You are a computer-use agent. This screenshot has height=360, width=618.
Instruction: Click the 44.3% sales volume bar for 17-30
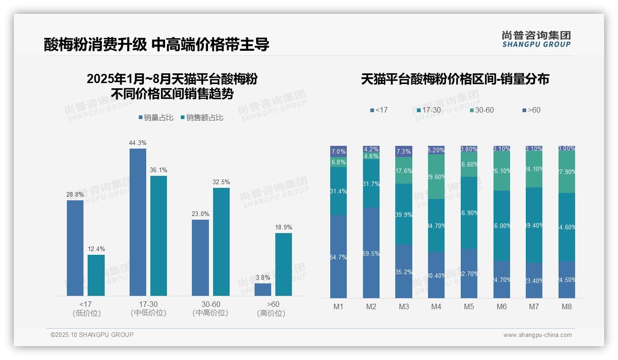pos(137,222)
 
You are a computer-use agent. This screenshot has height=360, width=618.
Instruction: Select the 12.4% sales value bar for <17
pos(96,275)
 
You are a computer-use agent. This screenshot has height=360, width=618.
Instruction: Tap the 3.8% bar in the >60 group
pos(262,289)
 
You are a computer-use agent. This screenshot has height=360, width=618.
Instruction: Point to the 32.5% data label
pos(221,182)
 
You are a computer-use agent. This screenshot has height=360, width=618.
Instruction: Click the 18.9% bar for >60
pos(284,264)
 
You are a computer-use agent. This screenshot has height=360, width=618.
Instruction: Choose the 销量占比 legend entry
pos(156,118)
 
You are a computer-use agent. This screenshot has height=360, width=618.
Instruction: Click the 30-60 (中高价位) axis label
pos(210,309)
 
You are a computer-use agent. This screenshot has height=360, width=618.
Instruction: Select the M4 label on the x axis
pos(436,306)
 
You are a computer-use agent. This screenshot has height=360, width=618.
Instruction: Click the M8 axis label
pos(567,306)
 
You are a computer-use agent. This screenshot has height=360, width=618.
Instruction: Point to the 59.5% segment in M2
pos(371,253)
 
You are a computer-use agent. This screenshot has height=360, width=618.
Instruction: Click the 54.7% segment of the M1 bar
pos(339,257)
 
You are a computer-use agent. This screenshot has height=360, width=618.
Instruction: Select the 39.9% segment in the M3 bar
pos(404,214)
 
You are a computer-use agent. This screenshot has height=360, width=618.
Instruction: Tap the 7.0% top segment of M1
pos(339,151)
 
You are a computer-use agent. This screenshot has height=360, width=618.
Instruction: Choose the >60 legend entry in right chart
pos(531,110)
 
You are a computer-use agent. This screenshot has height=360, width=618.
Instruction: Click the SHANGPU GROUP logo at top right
pos(536,39)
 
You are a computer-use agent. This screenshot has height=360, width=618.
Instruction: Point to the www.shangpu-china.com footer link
pos(537,335)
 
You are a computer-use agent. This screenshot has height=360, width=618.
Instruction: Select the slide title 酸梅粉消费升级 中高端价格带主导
pos(157,45)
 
